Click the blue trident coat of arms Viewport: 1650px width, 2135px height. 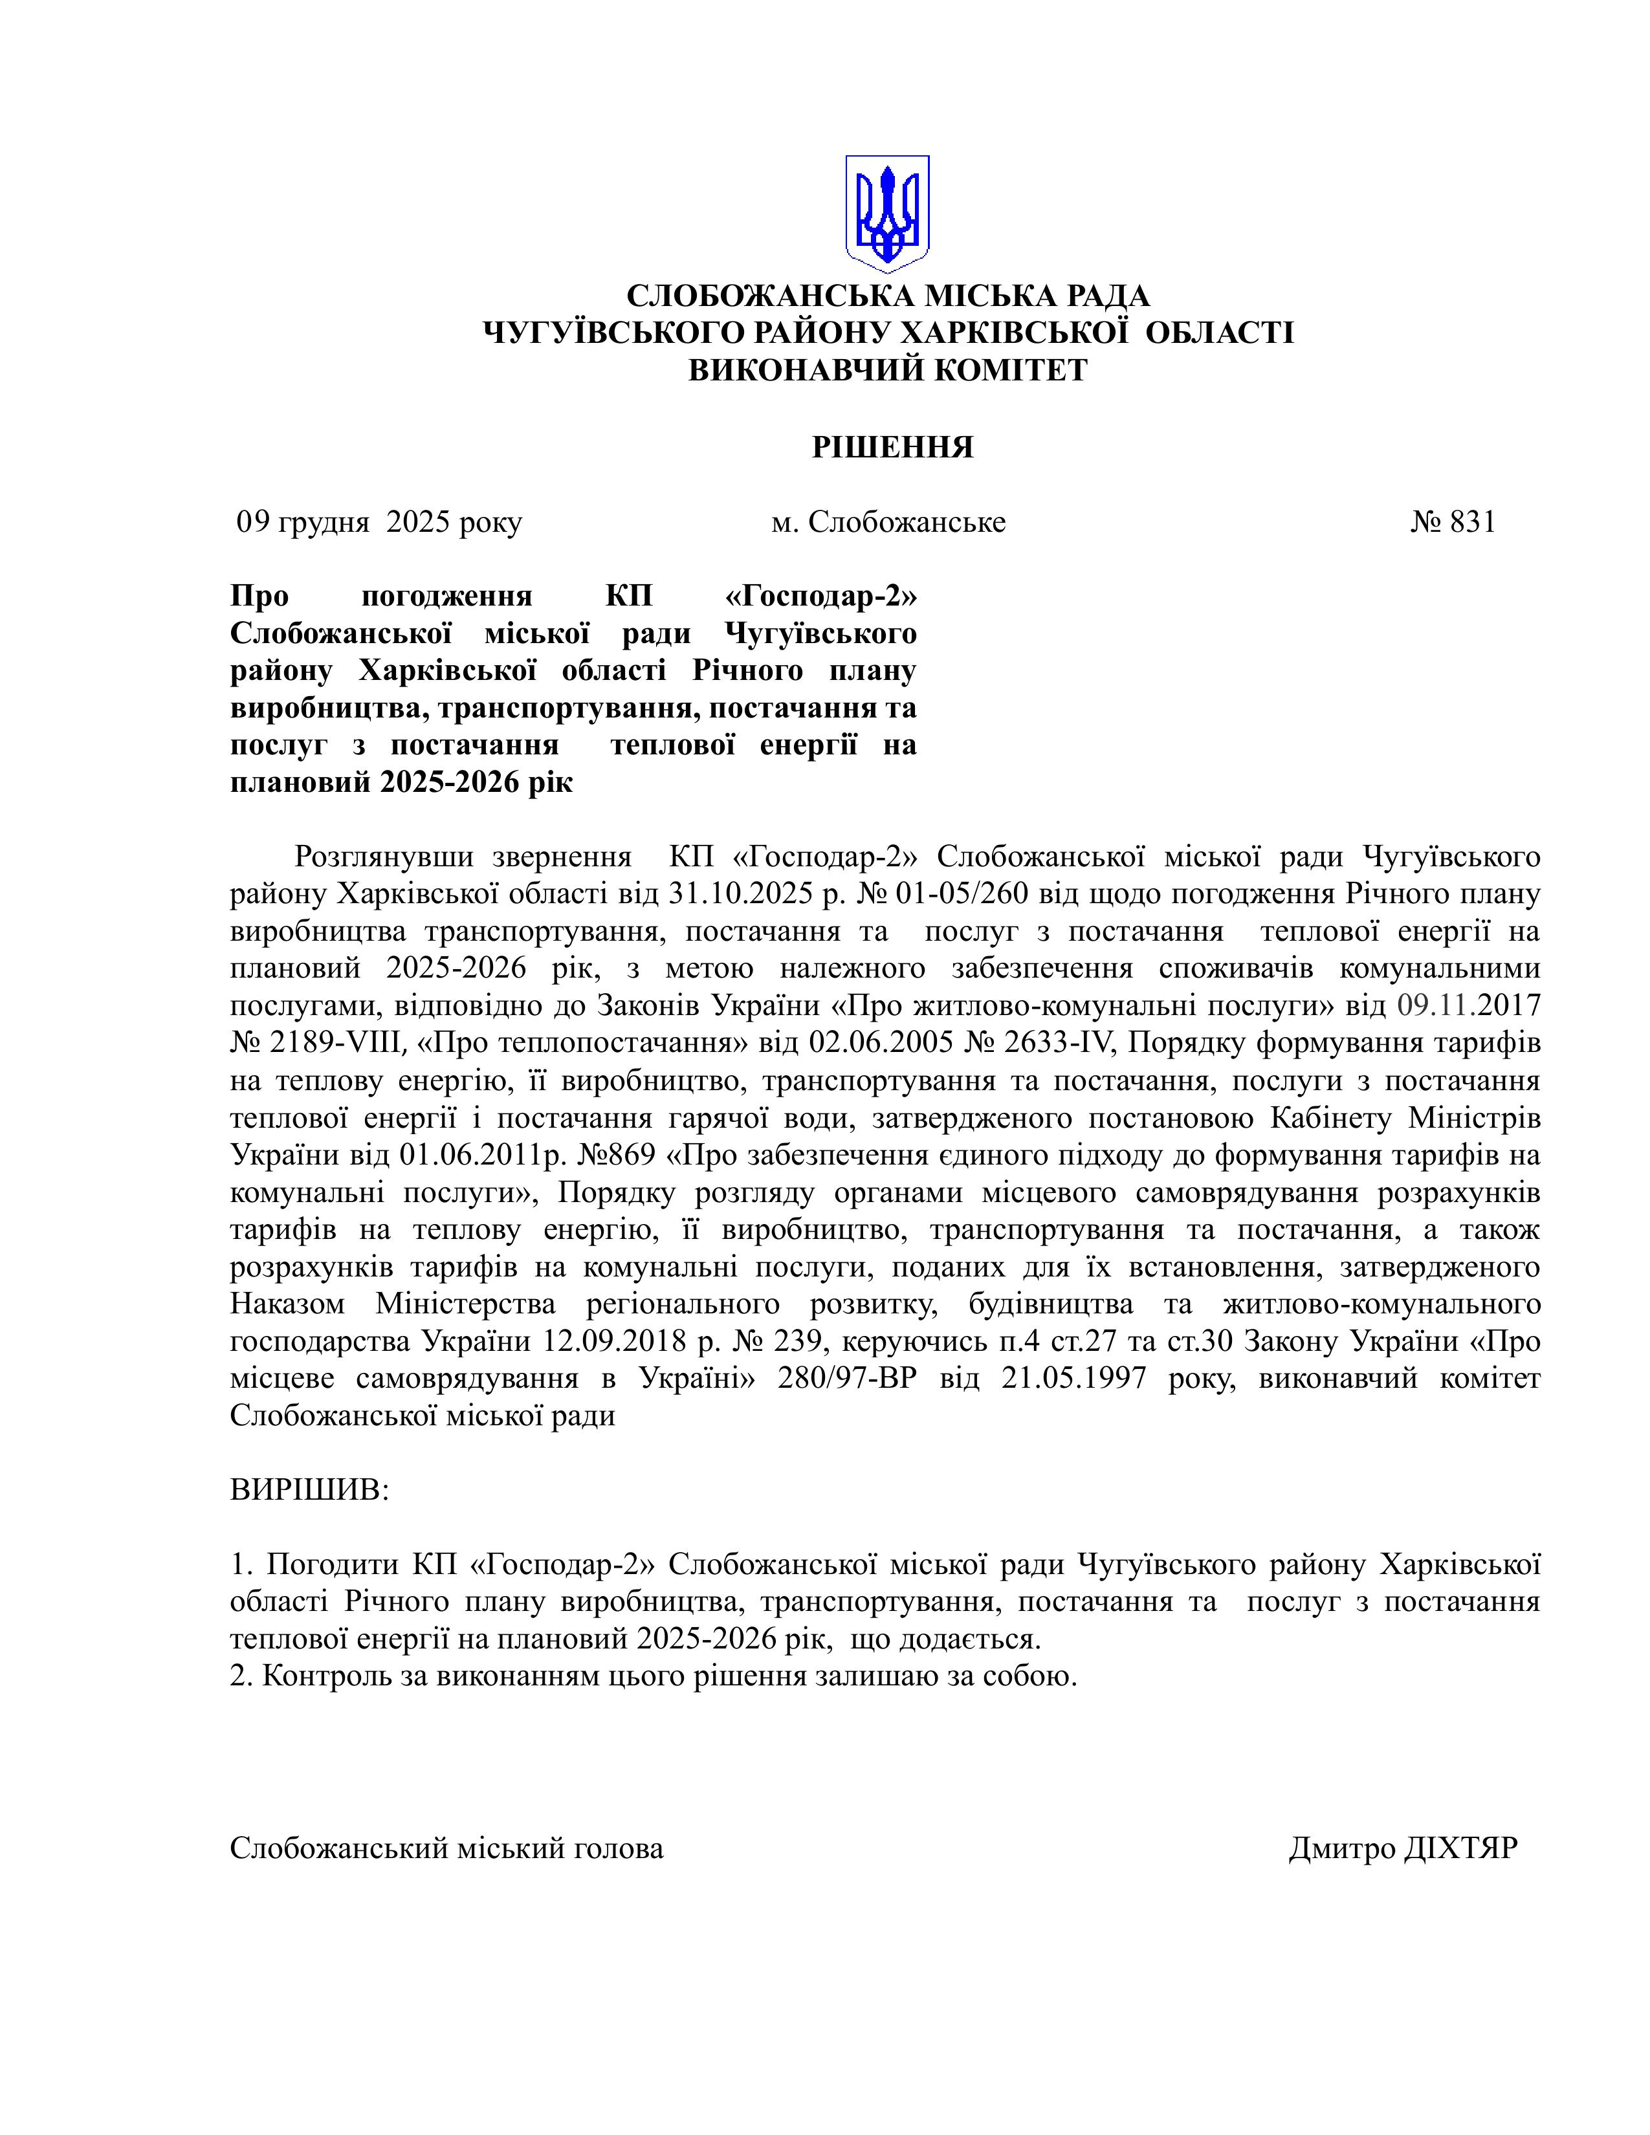[886, 213]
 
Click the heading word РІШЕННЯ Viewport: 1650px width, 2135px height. [892, 447]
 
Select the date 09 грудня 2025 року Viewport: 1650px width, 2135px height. [379, 522]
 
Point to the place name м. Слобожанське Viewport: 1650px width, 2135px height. [888, 522]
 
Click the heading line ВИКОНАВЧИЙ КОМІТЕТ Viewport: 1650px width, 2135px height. [888, 369]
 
